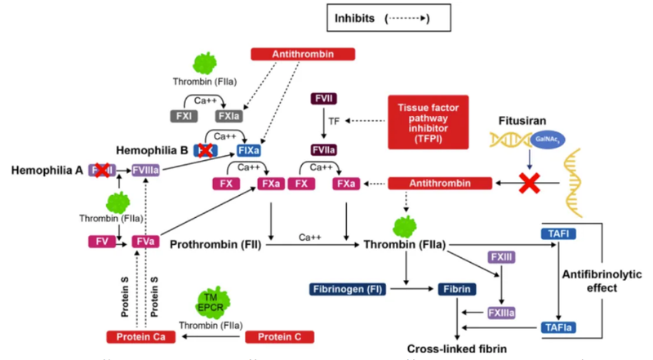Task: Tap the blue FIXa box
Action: tap(249, 151)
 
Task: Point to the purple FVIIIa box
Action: tap(147, 171)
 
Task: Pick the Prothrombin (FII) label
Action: tap(215, 242)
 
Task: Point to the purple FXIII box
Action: tap(501, 257)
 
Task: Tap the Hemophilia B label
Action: tap(153, 150)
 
